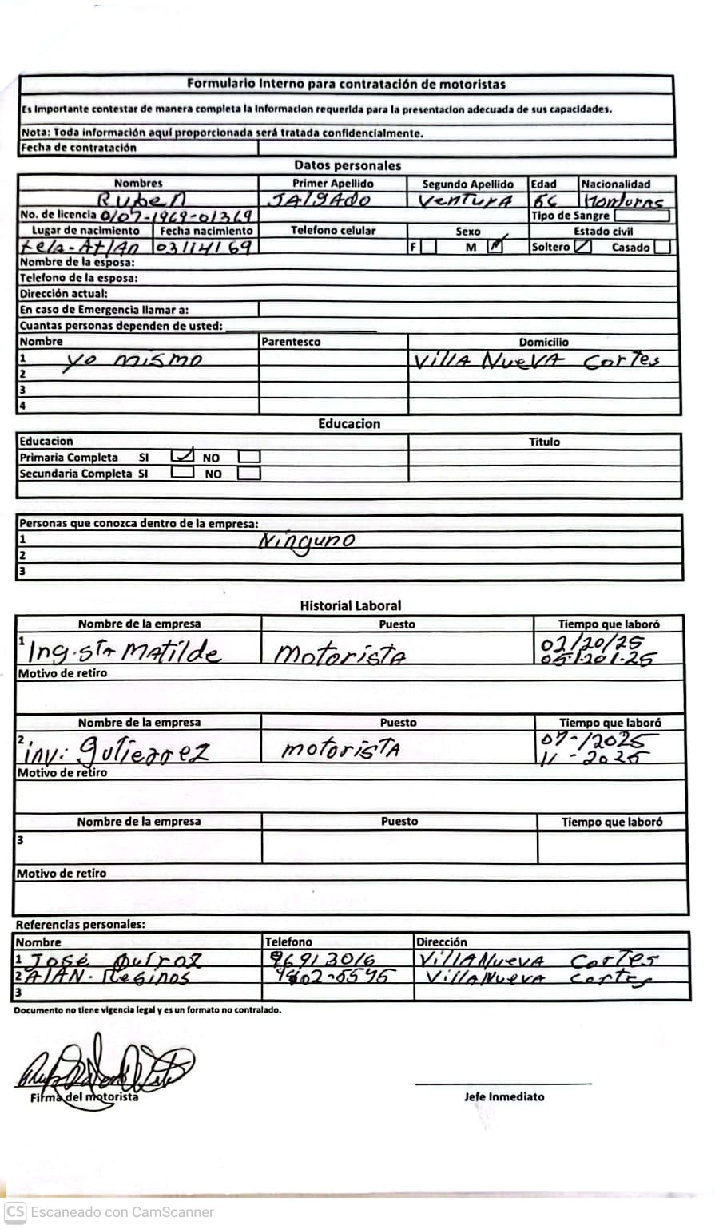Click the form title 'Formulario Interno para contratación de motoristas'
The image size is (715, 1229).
tap(346, 84)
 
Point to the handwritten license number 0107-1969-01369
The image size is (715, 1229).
tap(177, 216)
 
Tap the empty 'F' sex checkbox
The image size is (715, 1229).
tap(429, 247)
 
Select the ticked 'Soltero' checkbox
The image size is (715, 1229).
tap(583, 247)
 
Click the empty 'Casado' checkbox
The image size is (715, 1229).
tap(661, 247)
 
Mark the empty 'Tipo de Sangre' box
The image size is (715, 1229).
tap(642, 216)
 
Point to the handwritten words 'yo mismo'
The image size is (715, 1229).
tap(132, 360)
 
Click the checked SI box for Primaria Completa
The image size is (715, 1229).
tap(182, 457)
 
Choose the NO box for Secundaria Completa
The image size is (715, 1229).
tap(249, 473)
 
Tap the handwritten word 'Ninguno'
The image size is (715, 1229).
tap(307, 541)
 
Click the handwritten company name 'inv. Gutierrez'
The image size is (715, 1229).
tap(117, 751)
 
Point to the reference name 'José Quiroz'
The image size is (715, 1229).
tap(115, 960)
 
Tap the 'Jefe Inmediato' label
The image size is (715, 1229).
tap(504, 1096)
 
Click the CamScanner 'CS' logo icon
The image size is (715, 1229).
tap(15, 1211)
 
